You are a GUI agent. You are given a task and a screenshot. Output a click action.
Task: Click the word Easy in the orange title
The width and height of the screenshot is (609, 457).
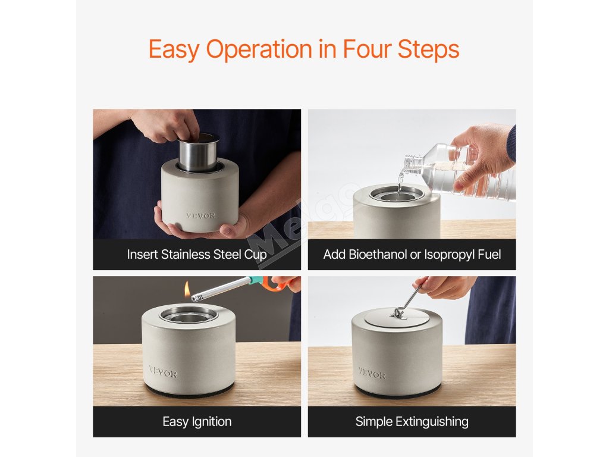click(174, 49)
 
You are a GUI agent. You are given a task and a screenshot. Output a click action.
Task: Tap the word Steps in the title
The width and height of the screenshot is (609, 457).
click(428, 49)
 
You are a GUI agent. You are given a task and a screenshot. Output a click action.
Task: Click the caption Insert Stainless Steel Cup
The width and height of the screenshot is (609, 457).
click(197, 255)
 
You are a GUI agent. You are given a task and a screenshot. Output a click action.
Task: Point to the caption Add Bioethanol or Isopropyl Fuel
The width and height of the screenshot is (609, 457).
click(412, 255)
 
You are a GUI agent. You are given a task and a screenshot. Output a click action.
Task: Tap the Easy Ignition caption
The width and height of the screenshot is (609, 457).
click(197, 422)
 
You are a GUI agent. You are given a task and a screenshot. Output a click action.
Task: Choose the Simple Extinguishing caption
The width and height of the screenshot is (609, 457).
click(412, 422)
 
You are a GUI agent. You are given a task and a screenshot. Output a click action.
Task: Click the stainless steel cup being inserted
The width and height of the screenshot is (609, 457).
click(198, 153)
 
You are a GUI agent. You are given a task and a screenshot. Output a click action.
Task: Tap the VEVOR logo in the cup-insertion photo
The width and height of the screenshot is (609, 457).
click(200, 215)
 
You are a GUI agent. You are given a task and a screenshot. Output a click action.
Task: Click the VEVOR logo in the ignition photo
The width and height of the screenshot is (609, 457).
click(163, 372)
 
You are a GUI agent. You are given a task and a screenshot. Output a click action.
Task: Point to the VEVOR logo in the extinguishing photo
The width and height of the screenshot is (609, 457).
click(372, 374)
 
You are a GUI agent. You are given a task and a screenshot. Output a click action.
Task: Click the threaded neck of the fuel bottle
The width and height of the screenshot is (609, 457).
click(412, 163)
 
